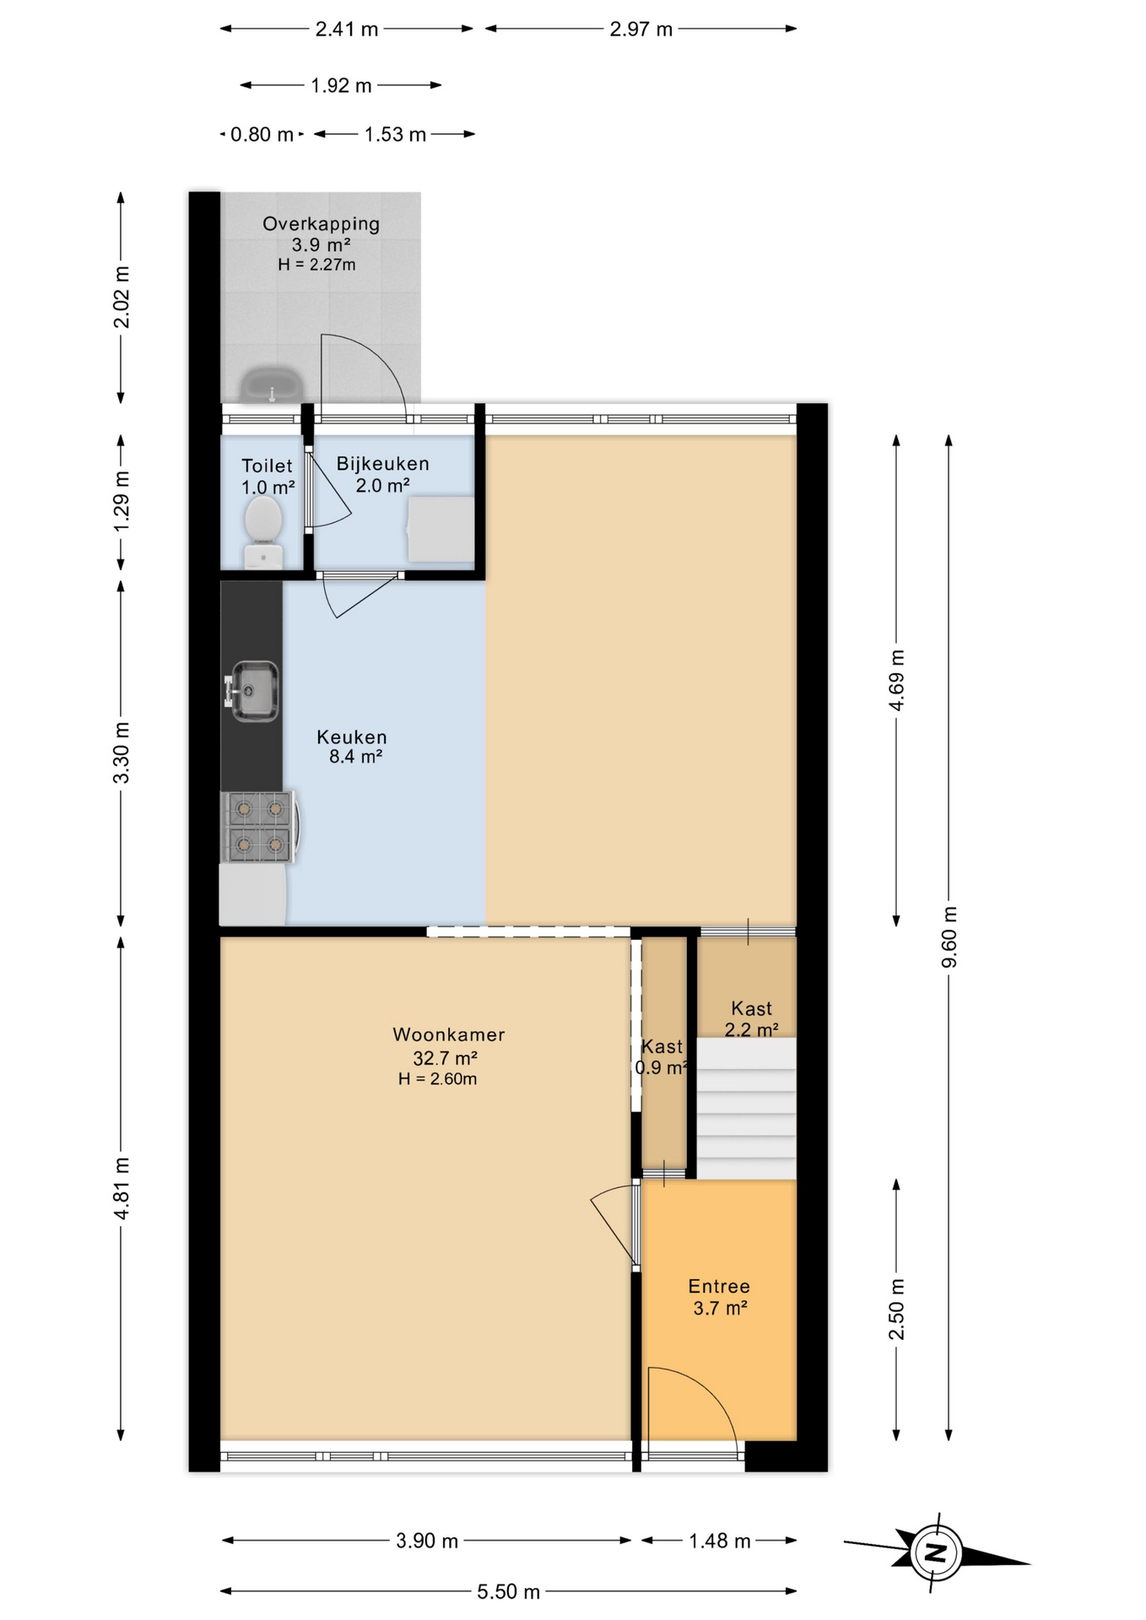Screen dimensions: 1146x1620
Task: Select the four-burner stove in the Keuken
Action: tap(257, 827)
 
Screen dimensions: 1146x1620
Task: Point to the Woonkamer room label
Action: tap(448, 1034)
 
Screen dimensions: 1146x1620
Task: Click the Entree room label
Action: tap(719, 1286)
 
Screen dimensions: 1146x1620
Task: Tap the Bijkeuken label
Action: tap(382, 463)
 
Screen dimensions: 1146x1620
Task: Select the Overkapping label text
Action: tap(321, 224)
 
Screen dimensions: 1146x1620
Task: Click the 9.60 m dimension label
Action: tap(949, 937)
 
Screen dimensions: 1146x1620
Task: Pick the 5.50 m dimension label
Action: tap(508, 1591)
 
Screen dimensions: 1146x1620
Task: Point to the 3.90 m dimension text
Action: tap(427, 1541)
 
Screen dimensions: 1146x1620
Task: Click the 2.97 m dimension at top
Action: tap(641, 29)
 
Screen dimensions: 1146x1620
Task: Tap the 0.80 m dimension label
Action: tap(262, 134)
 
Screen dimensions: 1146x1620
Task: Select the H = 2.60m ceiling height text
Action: tap(437, 1078)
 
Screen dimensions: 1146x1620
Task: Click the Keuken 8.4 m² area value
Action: tap(355, 757)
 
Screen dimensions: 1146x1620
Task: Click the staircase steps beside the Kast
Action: tap(746, 1108)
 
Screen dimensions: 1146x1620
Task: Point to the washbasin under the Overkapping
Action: tap(272, 385)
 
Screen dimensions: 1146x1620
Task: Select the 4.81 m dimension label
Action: tap(122, 1188)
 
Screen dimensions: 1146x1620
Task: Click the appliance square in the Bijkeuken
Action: tap(441, 529)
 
